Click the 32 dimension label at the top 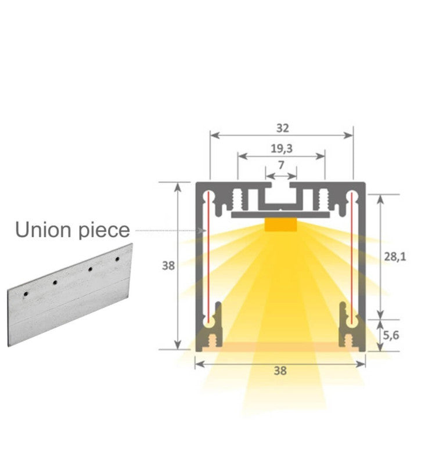282,128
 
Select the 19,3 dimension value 281,148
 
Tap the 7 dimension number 281,165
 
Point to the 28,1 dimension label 395,256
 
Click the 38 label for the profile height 168,266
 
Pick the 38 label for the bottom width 280,371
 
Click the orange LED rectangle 281,224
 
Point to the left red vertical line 206,255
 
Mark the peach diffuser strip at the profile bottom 280,347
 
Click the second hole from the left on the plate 55,282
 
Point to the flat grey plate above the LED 281,215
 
